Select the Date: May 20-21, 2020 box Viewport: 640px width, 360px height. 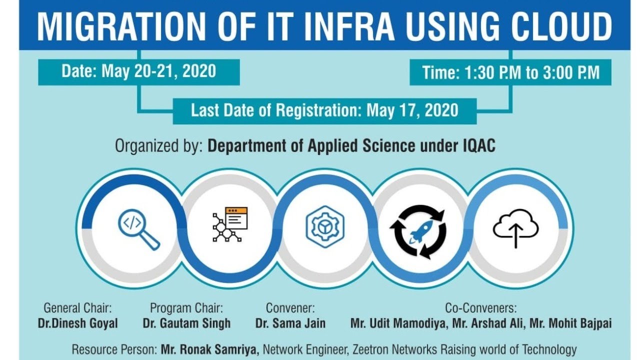139,71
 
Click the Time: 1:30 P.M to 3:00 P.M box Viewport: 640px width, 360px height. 510,72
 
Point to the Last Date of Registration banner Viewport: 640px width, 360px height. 324,110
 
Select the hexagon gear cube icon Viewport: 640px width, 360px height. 325,226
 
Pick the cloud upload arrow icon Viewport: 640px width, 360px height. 515,228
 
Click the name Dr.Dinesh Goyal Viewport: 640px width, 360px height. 78,323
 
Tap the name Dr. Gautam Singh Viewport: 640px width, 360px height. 186,323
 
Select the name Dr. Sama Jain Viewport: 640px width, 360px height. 290,323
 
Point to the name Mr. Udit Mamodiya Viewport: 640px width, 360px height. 398,323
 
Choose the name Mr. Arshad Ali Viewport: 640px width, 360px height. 488,323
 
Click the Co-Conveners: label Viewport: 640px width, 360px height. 480,308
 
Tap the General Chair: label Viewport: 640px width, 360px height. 77,308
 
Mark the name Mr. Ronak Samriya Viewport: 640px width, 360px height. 210,349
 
